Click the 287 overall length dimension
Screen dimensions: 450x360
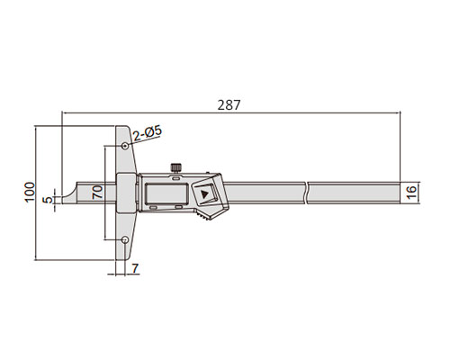[229, 105]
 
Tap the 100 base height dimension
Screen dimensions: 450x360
[30, 193]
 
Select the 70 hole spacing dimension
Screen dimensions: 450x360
[97, 193]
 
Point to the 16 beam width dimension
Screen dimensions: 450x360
[412, 193]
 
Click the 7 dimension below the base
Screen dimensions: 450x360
[135, 268]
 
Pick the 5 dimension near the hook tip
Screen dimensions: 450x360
[48, 200]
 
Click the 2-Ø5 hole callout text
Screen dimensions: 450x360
[148, 133]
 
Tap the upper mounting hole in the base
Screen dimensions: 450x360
[125, 146]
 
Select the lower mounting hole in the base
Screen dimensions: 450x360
[125, 239]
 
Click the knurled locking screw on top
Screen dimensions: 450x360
[176, 167]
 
